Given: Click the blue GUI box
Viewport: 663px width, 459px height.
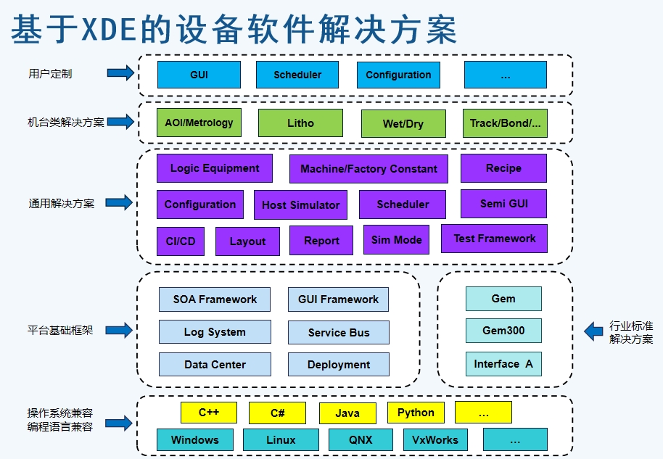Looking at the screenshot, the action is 199,75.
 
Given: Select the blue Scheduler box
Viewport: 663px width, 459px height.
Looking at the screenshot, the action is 297,75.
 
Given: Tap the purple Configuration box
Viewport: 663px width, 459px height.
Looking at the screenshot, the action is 200,204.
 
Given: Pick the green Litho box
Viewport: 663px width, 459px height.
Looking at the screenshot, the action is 300,123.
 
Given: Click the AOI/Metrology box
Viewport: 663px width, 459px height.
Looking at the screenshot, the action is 199,123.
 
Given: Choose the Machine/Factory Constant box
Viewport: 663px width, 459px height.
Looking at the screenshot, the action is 368,169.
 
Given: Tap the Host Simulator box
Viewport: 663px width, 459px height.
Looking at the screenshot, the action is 300,205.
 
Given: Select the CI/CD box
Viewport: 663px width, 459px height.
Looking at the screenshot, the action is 181,241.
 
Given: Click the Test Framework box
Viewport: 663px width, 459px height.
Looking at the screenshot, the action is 494,239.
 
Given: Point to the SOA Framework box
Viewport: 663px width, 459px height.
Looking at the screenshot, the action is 215,299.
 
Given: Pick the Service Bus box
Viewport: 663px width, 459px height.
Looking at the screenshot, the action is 339,333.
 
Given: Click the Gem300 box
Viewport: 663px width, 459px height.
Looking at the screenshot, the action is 503,331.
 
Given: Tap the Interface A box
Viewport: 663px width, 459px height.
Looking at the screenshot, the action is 503,364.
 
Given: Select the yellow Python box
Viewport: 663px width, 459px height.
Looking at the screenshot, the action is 416,413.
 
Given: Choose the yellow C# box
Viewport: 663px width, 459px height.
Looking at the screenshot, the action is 277,413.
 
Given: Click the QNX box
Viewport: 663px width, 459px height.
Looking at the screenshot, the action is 361,440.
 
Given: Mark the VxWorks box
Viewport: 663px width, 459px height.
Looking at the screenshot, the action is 435,440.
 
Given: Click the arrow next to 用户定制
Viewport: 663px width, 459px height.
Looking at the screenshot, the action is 120,73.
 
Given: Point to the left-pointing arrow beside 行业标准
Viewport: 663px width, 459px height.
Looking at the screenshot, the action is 593,331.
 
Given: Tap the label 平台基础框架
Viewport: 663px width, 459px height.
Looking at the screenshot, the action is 60,330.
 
